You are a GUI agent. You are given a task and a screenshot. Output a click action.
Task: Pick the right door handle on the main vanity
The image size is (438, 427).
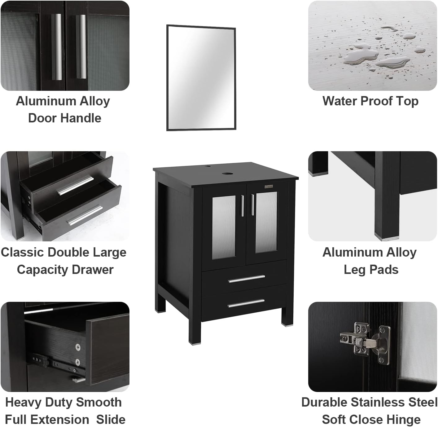click(x=253, y=205)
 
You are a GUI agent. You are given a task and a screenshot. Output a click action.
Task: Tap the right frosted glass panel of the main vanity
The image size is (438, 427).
click(x=266, y=221)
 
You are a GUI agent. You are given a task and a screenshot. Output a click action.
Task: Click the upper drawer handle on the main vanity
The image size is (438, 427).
click(x=246, y=279)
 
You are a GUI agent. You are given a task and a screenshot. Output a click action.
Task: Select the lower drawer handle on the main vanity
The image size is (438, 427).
click(x=246, y=303)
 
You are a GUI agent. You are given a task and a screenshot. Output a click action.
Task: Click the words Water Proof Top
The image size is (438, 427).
click(x=370, y=101)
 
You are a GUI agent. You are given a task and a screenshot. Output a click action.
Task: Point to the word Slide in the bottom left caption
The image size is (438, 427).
click(x=111, y=420)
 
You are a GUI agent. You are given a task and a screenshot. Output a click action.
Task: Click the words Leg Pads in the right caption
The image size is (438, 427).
click(x=371, y=270)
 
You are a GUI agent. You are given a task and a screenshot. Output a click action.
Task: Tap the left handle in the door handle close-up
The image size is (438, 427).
click(x=57, y=46)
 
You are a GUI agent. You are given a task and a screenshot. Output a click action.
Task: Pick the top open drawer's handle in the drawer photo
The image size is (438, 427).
click(x=75, y=186)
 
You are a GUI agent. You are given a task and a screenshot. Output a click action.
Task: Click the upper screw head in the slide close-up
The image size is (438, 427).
click(x=78, y=347)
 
